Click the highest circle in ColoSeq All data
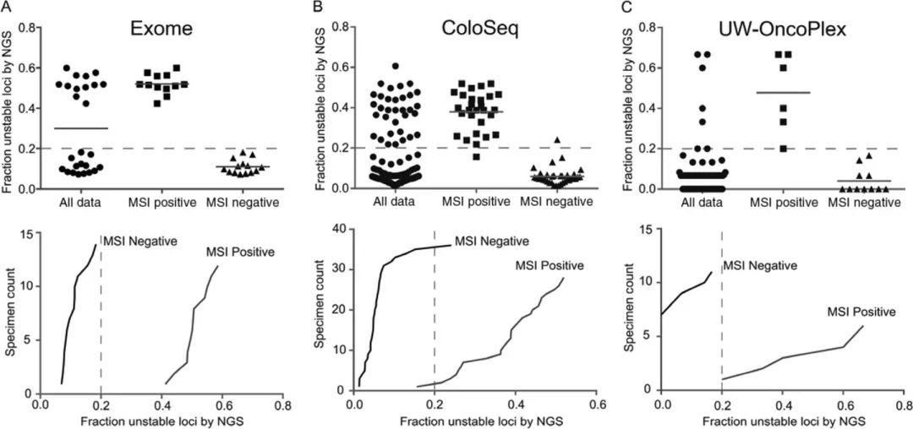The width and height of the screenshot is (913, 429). pyautogui.click(x=395, y=66)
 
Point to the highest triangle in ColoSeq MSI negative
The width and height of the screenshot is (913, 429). pyautogui.click(x=533, y=140)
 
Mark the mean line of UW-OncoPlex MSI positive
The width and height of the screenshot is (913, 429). pyautogui.click(x=771, y=92)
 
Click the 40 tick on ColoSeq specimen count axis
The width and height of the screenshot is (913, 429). pyautogui.click(x=338, y=228)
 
